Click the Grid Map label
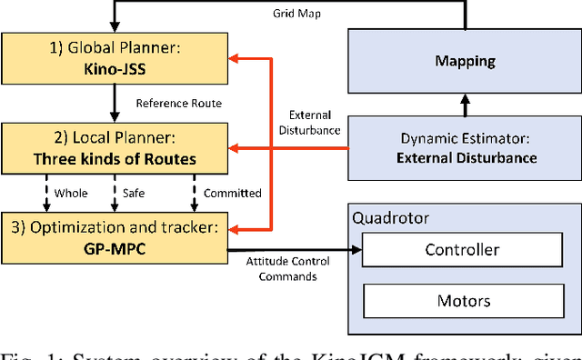(x=296, y=15)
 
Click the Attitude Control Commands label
(x=281, y=269)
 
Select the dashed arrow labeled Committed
(x=193, y=193)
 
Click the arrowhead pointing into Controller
(x=357, y=249)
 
